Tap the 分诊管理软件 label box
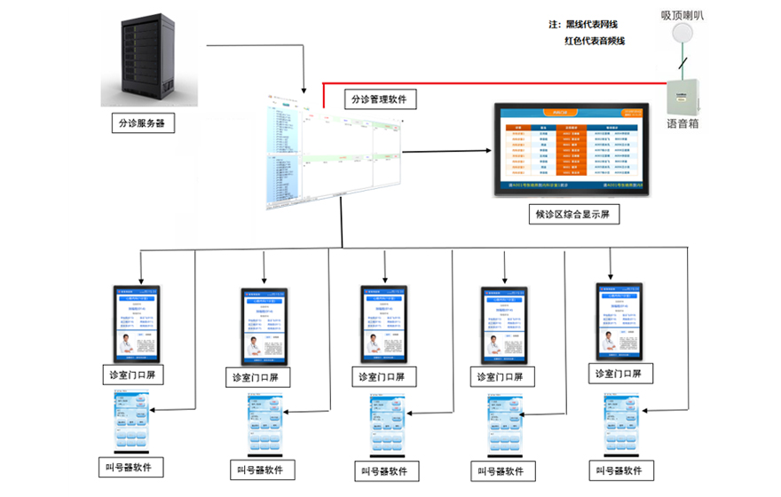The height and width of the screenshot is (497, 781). click(379, 99)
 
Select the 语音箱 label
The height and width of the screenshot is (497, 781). click(682, 124)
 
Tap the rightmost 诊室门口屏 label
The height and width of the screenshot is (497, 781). click(623, 374)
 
